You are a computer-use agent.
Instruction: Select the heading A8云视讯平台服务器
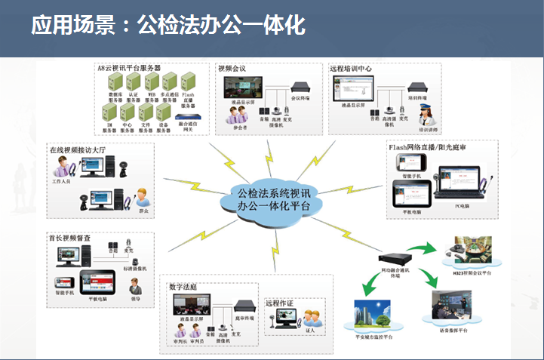[x=129, y=68]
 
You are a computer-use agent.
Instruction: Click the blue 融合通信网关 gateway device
[x=189, y=110]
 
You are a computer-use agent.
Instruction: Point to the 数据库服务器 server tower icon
[x=111, y=82]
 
